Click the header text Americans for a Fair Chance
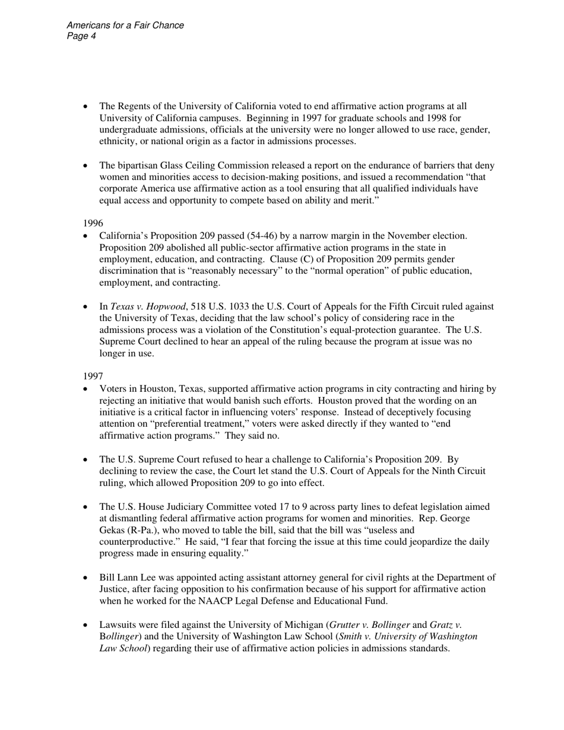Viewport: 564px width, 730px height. (x=125, y=26)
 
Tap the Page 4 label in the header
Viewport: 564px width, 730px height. (x=81, y=36)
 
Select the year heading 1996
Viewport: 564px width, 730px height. (x=93, y=223)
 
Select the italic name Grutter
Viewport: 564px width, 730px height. (x=347, y=625)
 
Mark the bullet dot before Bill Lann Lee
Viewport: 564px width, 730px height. (x=86, y=578)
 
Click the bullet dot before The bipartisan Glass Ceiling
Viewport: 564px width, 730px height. (x=86, y=166)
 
